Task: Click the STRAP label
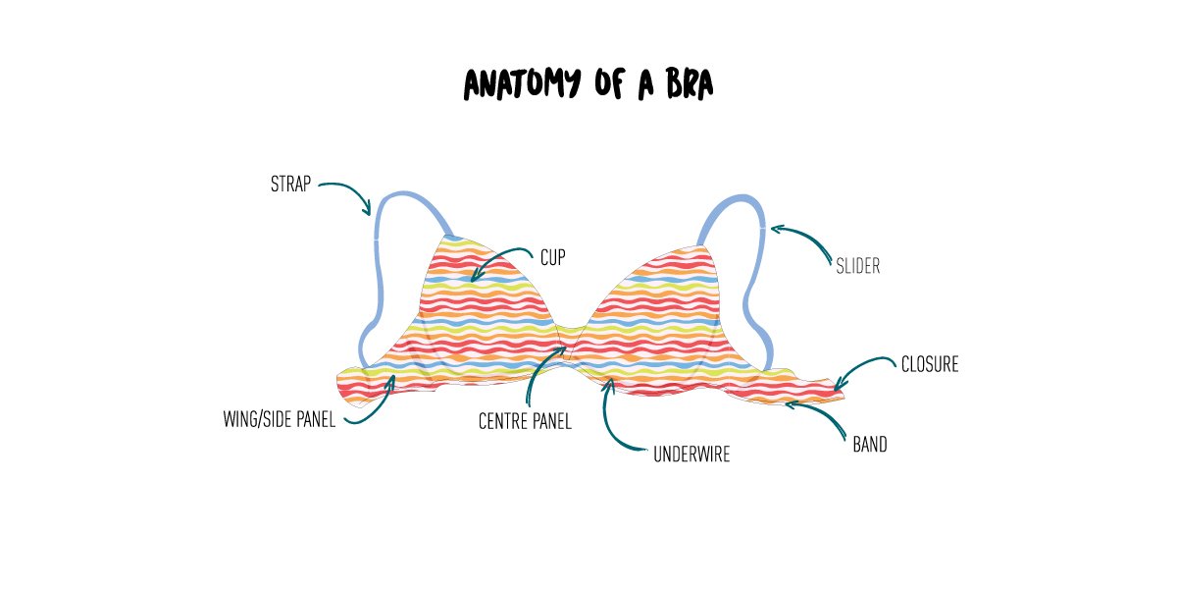[x=290, y=184]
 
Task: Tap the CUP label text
[x=553, y=258]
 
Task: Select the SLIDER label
[x=857, y=266]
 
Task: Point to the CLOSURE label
[x=929, y=365]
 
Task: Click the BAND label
[x=869, y=445]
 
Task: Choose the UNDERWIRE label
[x=691, y=455]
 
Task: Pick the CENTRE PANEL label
[x=525, y=421]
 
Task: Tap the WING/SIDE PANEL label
[x=280, y=421]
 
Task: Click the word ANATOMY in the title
[x=525, y=85]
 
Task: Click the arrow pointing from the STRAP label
[x=347, y=192]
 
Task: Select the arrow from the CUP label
[x=500, y=260]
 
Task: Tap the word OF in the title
[x=608, y=85]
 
